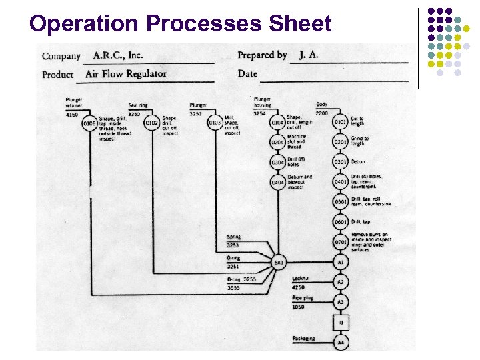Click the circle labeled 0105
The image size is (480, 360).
(89, 123)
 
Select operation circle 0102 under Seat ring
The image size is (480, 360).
(152, 123)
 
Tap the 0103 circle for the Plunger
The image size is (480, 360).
(215, 123)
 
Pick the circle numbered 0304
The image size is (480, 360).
(277, 163)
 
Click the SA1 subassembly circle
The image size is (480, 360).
(279, 263)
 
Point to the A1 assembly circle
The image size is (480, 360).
(340, 263)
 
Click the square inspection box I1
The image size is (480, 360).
(340, 323)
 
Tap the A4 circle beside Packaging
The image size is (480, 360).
(340, 343)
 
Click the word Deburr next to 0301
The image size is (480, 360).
(359, 161)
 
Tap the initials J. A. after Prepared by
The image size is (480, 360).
(308, 55)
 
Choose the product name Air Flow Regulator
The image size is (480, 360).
(126, 73)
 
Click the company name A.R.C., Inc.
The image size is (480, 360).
(117, 55)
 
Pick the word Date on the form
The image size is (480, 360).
(247, 73)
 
